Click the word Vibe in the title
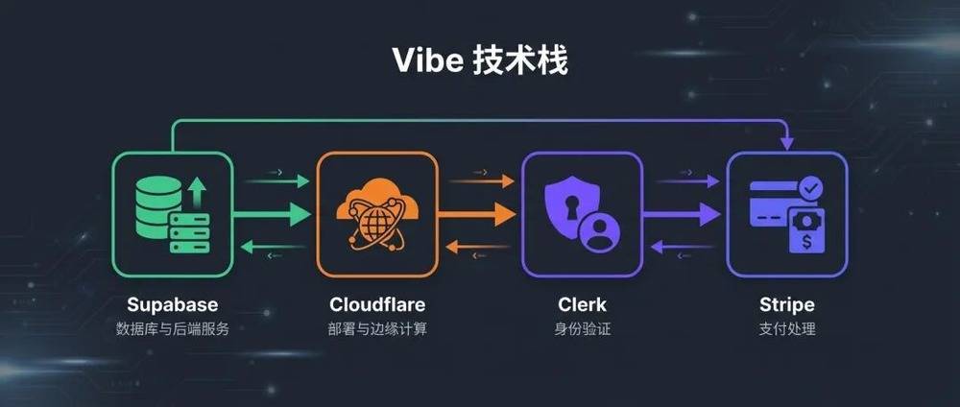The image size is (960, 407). pyautogui.click(x=429, y=59)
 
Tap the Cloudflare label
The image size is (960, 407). pyautogui.click(x=377, y=305)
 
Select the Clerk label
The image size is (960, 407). pyautogui.click(x=582, y=305)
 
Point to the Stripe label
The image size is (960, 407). pyautogui.click(x=786, y=305)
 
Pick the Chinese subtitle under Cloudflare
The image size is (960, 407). pyautogui.click(x=377, y=329)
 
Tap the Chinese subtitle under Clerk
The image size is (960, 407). pyautogui.click(x=582, y=329)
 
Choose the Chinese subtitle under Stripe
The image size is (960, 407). pyautogui.click(x=786, y=329)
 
